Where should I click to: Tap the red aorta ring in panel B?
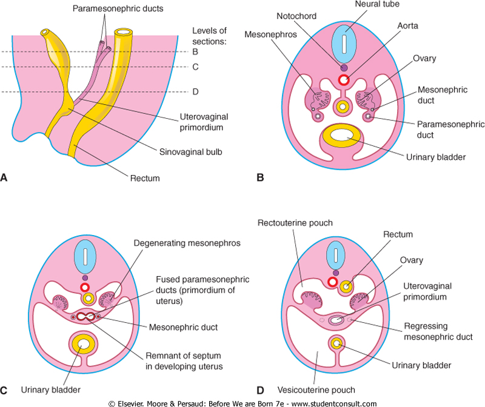[x=344, y=81]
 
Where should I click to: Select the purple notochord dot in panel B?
[x=344, y=68]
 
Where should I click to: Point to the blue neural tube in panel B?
[x=344, y=43]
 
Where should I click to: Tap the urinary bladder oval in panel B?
[x=343, y=137]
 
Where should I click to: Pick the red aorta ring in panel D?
[x=332, y=281]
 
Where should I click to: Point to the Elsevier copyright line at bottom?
[x=242, y=403]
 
